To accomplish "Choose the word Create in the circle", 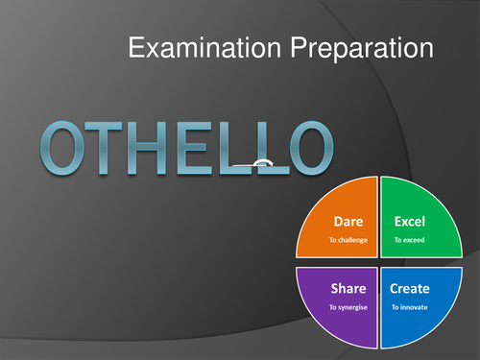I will click(410, 288).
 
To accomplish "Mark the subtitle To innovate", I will click(410, 307).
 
